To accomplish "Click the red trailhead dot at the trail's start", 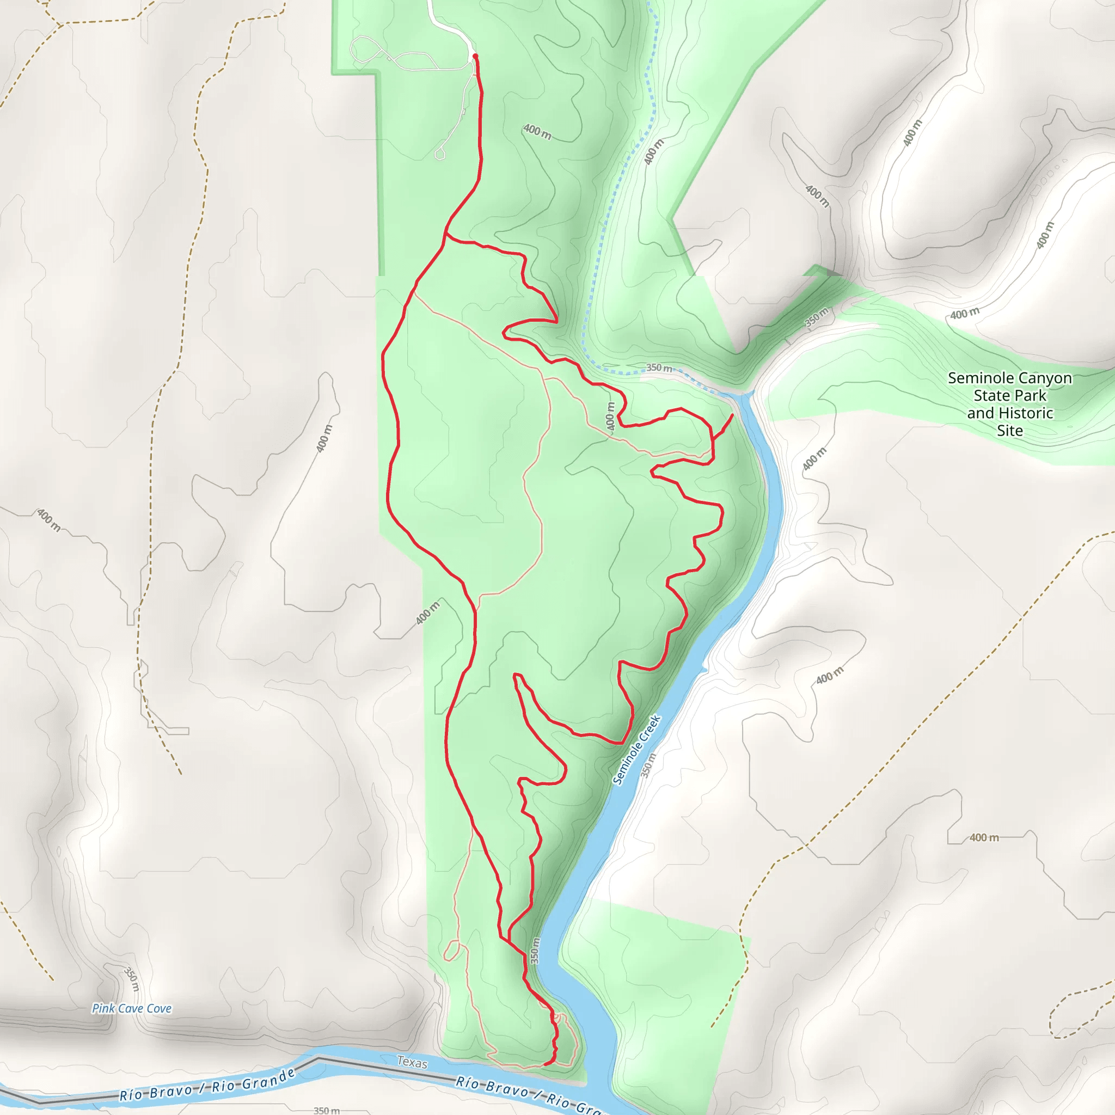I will pos(475,56).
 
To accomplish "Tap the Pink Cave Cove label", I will pos(132,1008).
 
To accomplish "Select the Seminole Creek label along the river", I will pos(636,750).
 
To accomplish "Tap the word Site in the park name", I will pos(1009,431).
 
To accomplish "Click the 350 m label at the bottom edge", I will pos(327,1110).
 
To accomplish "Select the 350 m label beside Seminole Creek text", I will pos(648,765).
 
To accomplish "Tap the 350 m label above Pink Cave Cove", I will pos(132,979).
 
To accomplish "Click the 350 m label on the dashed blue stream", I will pos(659,367).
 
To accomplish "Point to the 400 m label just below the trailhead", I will pos(537,132).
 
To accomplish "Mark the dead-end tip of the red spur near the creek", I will pos(733,414).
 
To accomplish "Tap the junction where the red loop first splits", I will pos(446,234).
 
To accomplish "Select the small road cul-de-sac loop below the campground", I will pos(440,154).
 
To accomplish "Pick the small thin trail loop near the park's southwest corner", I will pos(452,951).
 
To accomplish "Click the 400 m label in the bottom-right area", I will pos(984,837).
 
